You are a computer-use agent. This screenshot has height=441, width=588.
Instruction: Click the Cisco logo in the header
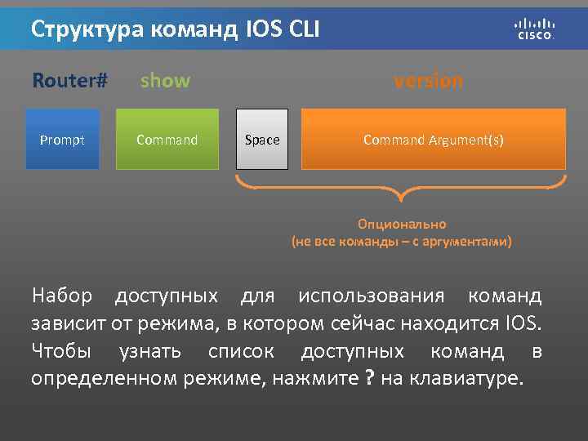[x=535, y=29]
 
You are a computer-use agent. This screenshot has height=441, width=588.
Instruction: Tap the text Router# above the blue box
[x=70, y=81]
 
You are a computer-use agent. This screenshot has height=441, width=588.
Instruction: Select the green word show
[x=165, y=81]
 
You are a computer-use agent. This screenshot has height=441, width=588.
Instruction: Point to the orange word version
[x=428, y=81]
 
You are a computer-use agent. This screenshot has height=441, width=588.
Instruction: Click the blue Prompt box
[x=62, y=140]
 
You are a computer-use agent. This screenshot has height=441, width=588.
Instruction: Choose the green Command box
[x=167, y=140]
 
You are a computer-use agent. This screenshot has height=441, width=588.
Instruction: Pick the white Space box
[x=262, y=140]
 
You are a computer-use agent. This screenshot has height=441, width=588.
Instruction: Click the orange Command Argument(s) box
[x=434, y=140]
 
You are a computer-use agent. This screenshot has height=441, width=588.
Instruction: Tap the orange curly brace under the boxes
[x=401, y=192]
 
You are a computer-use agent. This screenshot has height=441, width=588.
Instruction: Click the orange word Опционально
[x=402, y=224]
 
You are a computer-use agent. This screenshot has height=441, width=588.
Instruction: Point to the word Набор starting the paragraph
[x=61, y=295]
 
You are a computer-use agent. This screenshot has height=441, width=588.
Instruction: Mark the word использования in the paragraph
[x=372, y=295]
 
